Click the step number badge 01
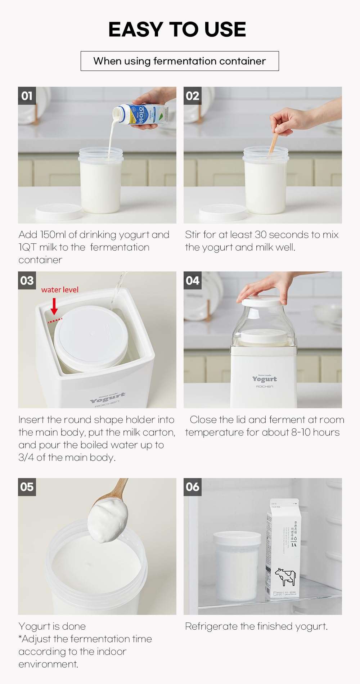(x=27, y=96)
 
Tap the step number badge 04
(x=193, y=280)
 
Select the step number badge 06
(x=193, y=487)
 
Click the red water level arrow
(x=54, y=306)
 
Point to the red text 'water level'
(x=60, y=290)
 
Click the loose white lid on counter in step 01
(x=59, y=211)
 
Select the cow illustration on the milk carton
(x=285, y=576)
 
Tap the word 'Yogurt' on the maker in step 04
(x=265, y=379)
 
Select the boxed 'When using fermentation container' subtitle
(x=180, y=61)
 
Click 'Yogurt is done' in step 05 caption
(x=52, y=626)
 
